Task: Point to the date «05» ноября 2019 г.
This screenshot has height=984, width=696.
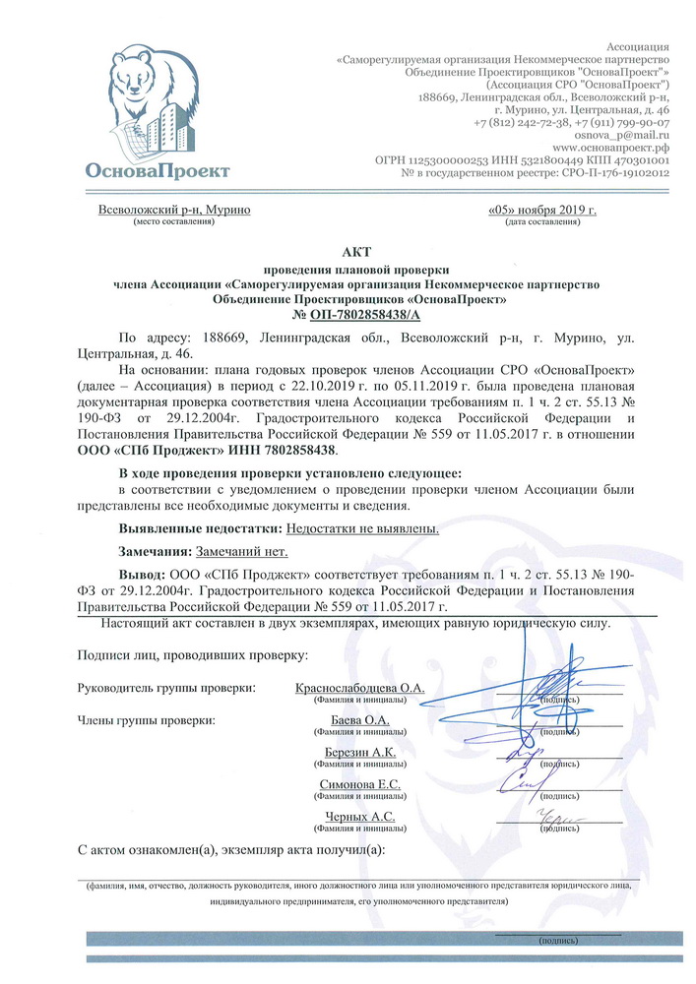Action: pyautogui.click(x=541, y=210)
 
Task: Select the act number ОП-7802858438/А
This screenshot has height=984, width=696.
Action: pyautogui.click(x=356, y=313)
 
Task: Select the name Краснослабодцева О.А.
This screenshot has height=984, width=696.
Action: pyautogui.click(x=359, y=688)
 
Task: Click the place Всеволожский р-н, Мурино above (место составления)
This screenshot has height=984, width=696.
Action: pyautogui.click(x=174, y=210)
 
